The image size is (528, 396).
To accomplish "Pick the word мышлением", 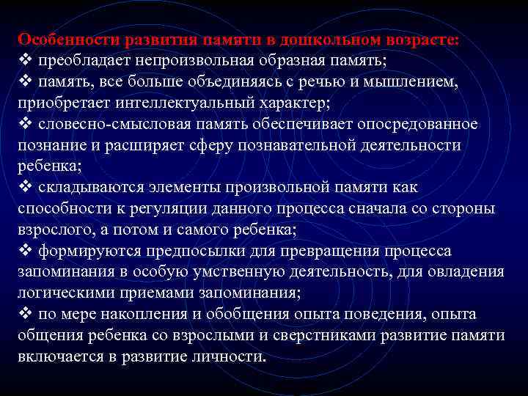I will pyautogui.click(x=416, y=82).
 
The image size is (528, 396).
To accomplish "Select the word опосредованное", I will pyautogui.click(x=420, y=125).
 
